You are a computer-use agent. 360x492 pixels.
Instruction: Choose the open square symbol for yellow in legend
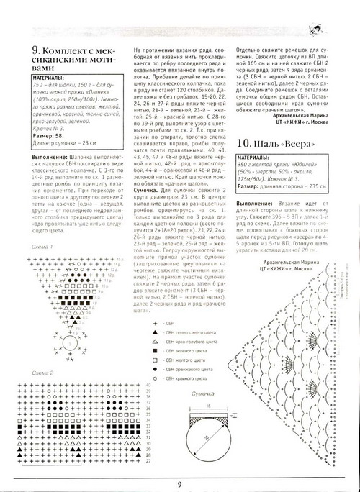153,355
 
